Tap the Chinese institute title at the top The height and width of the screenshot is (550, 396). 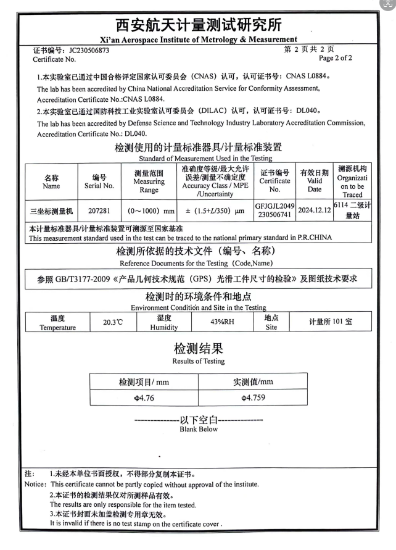click(198, 25)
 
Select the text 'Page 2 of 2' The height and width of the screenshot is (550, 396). click(336, 59)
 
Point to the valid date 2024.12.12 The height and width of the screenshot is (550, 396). click(314, 210)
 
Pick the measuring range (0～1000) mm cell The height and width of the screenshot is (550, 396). click(149, 210)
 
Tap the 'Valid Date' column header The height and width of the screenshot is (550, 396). click(314, 181)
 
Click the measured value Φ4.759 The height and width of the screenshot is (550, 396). click(253, 398)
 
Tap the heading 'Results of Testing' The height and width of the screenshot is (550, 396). click(198, 361)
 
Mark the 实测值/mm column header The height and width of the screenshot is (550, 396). click(253, 382)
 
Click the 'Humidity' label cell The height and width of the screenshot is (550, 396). click(163, 323)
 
